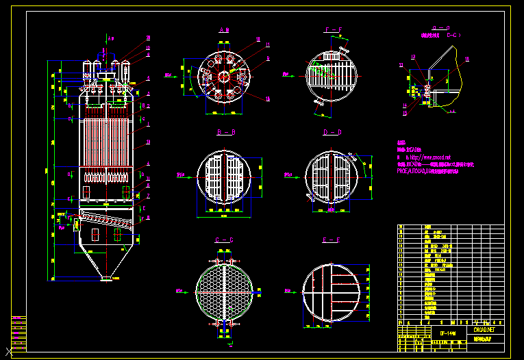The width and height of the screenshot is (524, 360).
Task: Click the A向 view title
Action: (224, 29)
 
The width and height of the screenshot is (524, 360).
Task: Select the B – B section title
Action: (225, 132)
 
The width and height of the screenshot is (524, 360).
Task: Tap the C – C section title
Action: (224, 240)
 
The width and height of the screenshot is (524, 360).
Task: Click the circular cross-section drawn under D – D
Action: (332, 177)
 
